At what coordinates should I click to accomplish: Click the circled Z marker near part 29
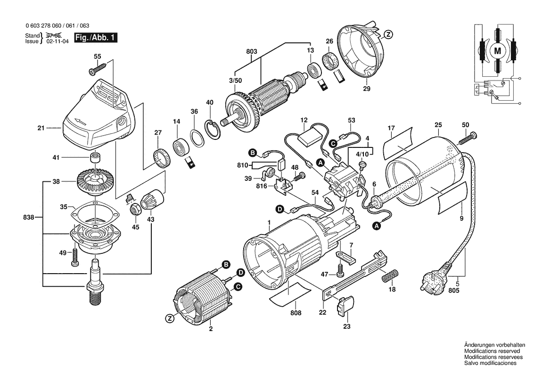coord(387,34)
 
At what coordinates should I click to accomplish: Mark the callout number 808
coord(295,313)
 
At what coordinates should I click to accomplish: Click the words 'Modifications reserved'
coord(492,351)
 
